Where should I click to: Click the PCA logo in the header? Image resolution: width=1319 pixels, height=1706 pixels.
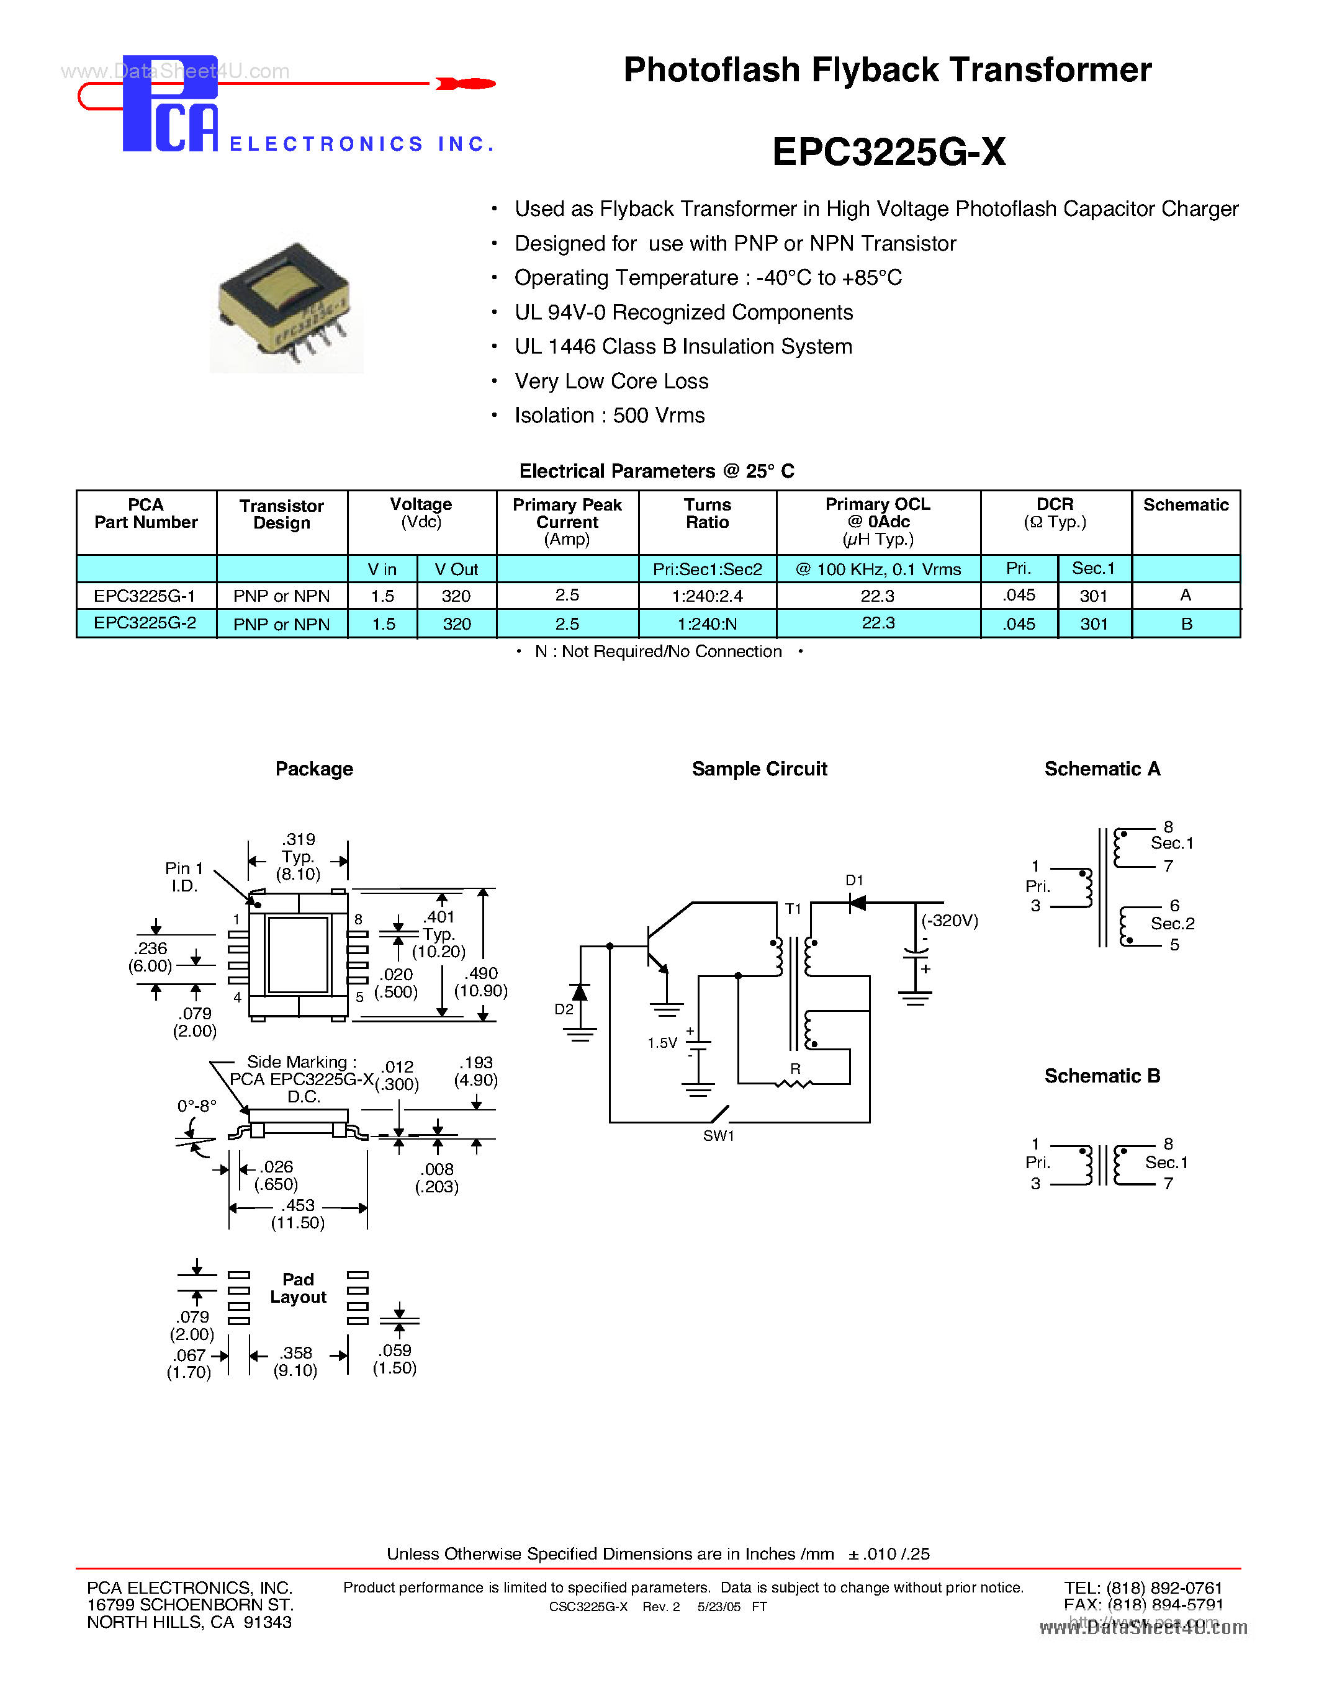(170, 104)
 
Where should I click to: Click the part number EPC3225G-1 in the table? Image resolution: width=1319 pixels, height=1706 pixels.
(145, 596)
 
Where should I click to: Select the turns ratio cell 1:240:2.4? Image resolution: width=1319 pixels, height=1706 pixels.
(707, 596)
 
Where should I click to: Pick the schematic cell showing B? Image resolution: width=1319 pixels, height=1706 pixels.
(1186, 624)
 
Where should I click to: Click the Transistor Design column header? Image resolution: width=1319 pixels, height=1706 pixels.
(281, 514)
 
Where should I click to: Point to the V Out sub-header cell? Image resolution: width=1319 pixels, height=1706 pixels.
(456, 569)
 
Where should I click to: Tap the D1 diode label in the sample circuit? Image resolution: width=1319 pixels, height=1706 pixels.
(854, 880)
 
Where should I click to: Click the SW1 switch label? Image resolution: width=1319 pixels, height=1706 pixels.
(718, 1136)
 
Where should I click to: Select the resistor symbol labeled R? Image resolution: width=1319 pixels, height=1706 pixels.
(794, 1083)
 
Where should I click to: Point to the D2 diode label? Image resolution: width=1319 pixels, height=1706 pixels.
(564, 1009)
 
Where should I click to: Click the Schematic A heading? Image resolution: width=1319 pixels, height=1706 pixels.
(1102, 769)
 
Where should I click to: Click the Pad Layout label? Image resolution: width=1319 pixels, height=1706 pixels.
(298, 1288)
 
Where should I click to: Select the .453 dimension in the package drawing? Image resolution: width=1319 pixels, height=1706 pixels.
(298, 1205)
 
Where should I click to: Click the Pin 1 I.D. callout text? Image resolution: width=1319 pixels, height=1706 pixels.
(184, 877)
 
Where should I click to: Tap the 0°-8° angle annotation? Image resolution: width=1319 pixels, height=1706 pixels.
(196, 1106)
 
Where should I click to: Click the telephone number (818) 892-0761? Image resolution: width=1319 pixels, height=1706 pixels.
(1163, 1588)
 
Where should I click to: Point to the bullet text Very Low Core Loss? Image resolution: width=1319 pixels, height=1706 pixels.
(611, 381)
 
